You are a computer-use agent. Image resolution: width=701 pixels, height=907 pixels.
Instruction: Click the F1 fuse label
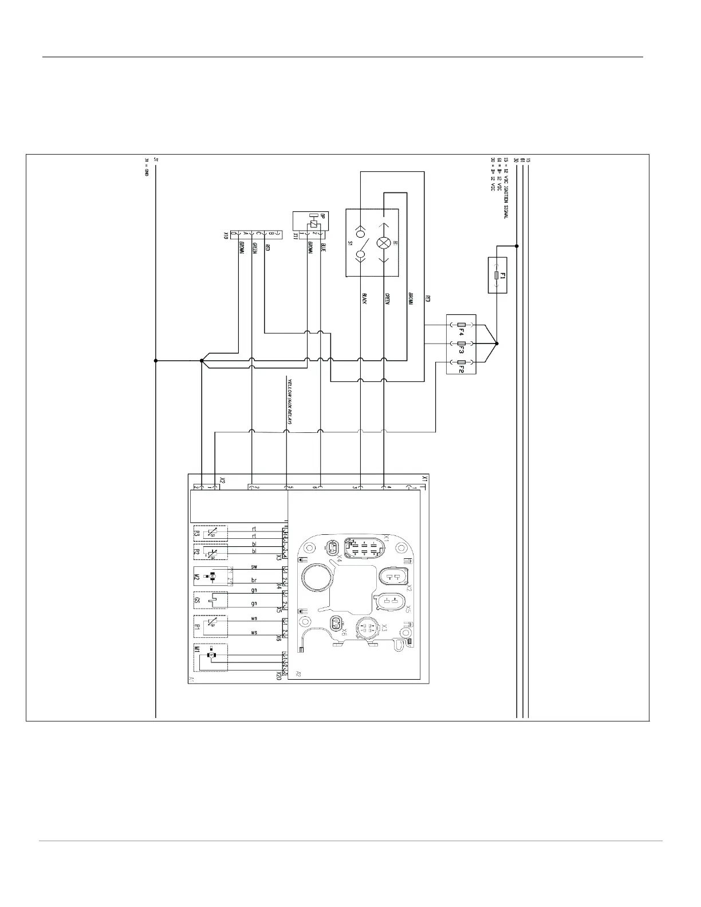501,276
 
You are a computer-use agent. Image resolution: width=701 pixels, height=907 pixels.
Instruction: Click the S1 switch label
350,243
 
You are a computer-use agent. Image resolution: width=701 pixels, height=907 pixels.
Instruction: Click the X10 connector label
226,235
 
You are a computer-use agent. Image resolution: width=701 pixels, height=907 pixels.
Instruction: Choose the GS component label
196,601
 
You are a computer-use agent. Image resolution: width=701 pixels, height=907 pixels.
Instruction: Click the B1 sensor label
196,628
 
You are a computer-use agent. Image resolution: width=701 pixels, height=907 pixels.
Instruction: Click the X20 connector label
278,676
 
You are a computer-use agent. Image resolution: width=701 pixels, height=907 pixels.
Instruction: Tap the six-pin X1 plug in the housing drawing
365,550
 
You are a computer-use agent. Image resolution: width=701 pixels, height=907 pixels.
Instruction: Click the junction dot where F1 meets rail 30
517,246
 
